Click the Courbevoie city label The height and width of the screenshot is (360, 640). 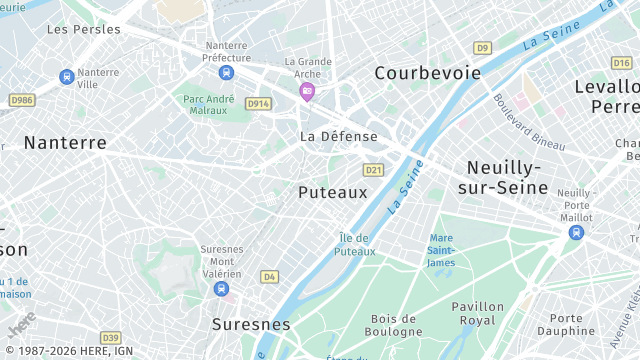[427, 73]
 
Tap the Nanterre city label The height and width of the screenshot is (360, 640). [65, 143]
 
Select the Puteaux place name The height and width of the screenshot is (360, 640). [333, 192]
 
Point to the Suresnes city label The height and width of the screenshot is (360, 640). [251, 325]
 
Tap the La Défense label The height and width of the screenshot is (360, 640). [339, 136]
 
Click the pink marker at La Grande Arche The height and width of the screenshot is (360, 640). [307, 92]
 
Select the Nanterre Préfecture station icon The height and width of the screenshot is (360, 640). [227, 73]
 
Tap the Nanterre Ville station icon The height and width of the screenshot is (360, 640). [67, 77]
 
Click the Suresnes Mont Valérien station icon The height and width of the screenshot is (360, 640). [221, 289]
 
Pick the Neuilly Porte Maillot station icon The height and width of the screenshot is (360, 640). [576, 232]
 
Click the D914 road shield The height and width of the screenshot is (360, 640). [259, 104]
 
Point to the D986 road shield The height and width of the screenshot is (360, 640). [21, 100]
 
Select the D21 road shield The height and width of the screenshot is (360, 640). [374, 170]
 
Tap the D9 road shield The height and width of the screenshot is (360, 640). [483, 47]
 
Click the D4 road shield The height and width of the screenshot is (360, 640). [269, 276]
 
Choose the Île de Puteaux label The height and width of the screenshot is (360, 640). [355, 244]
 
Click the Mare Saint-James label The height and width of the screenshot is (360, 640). [441, 250]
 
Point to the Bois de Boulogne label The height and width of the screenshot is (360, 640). [395, 325]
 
